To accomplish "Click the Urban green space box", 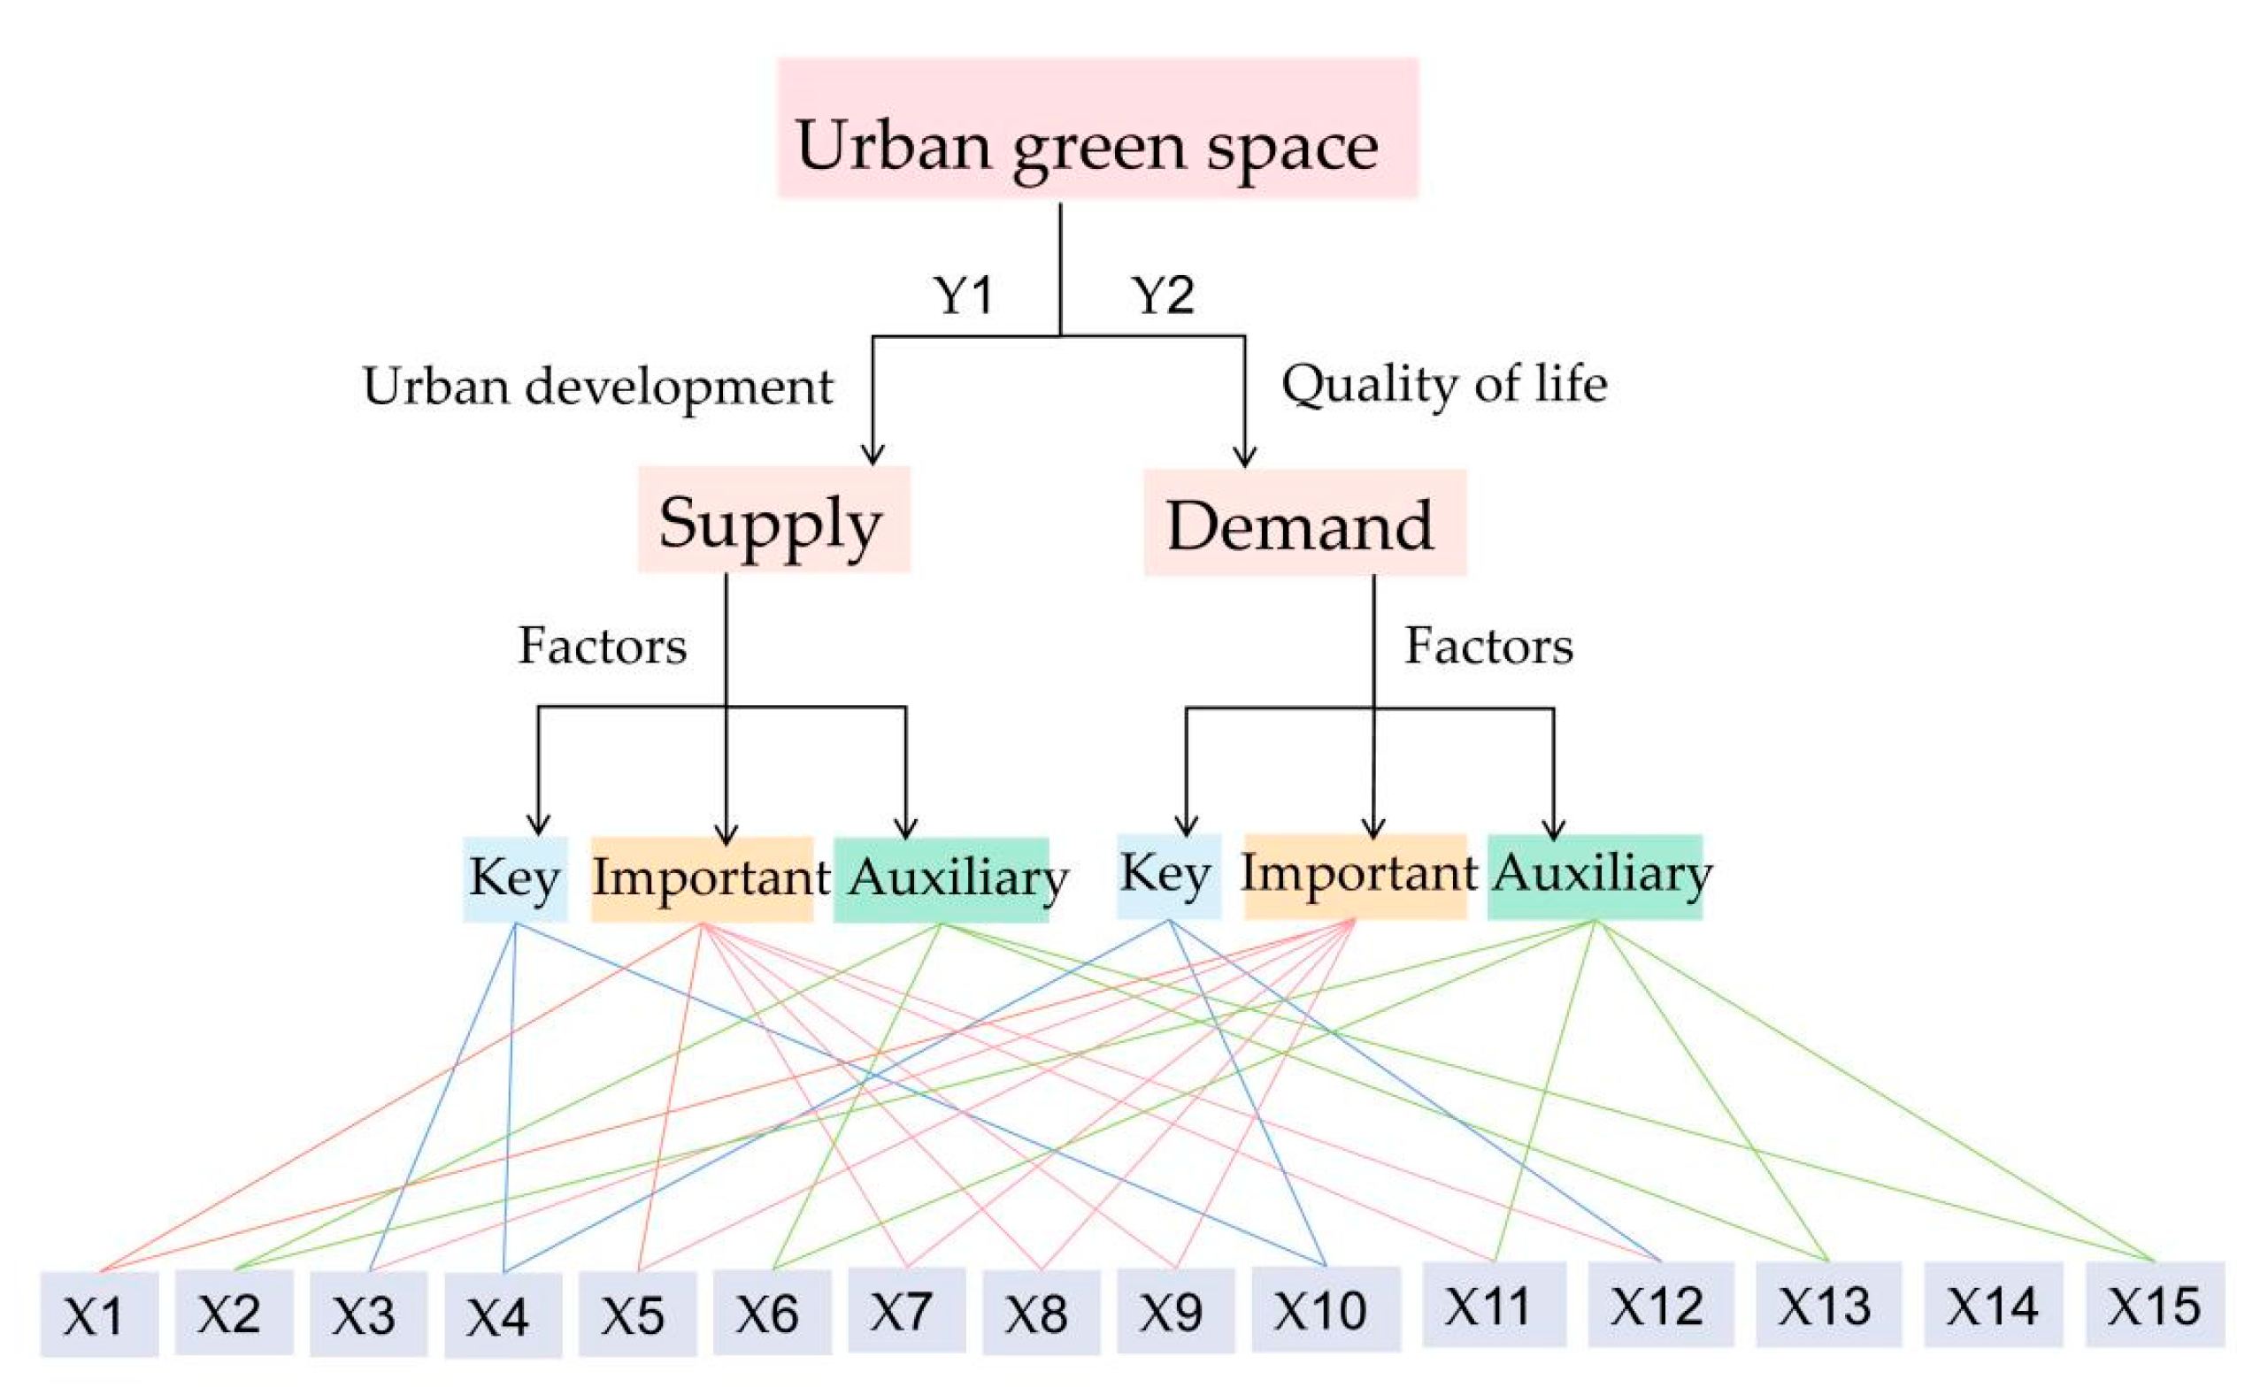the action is point(1097,128).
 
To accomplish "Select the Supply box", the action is point(773,520).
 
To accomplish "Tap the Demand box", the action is point(1303,523).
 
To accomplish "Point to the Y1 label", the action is point(963,295).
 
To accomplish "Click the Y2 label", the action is point(1163,295).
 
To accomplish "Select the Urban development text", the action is point(598,386).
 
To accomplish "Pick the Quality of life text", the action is point(1444,383).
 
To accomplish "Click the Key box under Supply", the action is point(515,878).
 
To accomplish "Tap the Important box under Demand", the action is point(1356,875).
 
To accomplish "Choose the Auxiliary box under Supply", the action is point(942,878).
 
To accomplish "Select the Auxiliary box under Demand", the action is point(1595,876).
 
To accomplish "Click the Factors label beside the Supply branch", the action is point(603,645).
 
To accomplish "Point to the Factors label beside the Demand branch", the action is point(1488,645).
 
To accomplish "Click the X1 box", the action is point(99,1315).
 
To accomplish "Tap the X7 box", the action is point(906,1310).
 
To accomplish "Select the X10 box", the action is point(1325,1309).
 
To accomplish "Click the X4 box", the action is point(503,1315).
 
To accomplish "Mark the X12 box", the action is point(1659,1306).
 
